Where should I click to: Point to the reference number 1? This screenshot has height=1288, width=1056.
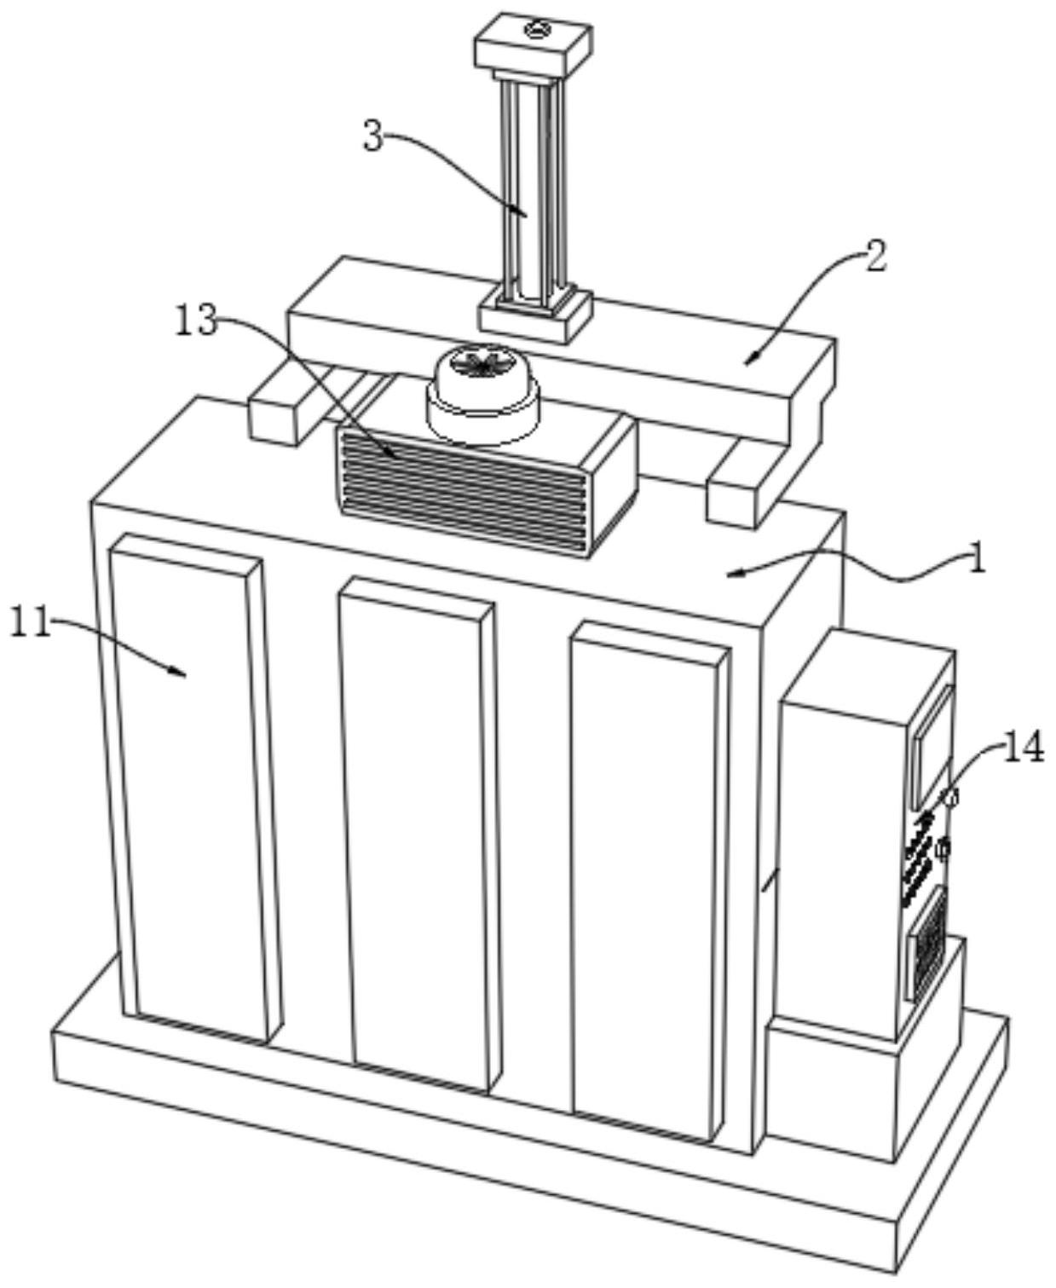977,560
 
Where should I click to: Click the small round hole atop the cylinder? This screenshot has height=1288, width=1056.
535,32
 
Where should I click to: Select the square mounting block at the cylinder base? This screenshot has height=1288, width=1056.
535,315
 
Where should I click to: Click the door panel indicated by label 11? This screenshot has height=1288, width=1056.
194,784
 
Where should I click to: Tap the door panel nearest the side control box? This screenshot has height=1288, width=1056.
648,878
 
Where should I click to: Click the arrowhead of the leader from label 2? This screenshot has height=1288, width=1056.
748,361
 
